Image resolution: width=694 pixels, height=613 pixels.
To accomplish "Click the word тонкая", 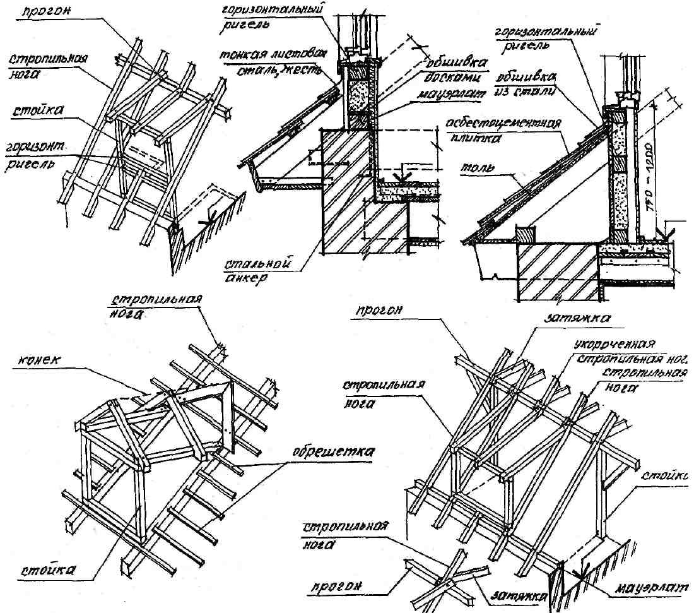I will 238,55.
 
